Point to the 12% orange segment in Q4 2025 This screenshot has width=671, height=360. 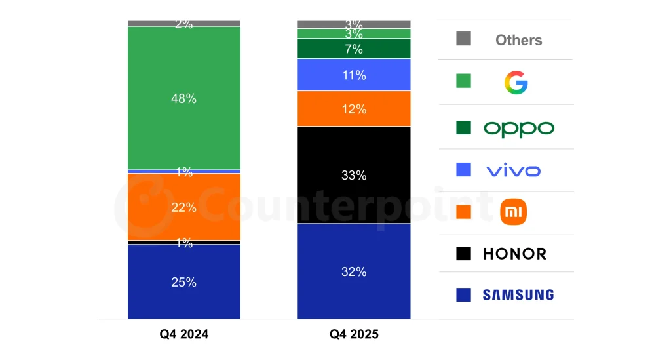354,109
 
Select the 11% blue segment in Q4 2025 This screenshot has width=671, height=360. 354,75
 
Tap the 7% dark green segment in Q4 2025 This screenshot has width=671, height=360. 354,49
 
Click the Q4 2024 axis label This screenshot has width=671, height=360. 184,334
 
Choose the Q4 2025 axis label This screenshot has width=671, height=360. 354,334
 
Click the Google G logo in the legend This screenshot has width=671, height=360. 516,83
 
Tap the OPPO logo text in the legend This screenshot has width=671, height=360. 518,128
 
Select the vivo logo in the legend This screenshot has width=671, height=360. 513,171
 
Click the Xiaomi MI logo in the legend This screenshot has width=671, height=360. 513,212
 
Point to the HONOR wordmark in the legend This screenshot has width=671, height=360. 514,254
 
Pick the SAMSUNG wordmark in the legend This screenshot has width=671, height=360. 518,295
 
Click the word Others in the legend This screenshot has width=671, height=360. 518,40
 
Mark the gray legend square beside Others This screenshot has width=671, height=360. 463,39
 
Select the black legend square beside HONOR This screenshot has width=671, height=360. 463,254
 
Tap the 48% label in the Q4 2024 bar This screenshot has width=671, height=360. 184,98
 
